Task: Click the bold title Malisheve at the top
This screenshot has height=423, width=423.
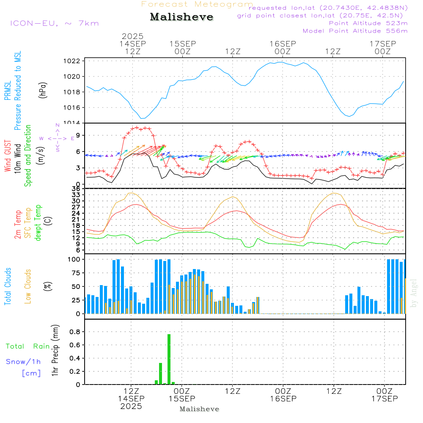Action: coord(181,17)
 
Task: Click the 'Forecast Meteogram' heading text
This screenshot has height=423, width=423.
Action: coord(197,4)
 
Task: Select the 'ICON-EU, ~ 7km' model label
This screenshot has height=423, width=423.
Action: coord(54,23)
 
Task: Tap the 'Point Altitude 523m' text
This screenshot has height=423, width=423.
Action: coord(368,23)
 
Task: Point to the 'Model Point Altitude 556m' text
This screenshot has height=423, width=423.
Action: coord(355,31)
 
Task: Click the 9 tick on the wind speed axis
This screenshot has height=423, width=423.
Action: coord(78,135)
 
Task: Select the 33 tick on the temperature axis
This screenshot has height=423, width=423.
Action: coord(76,195)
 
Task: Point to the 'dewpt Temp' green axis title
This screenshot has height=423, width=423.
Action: coord(38,223)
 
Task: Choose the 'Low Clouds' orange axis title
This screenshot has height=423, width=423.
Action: coord(28,286)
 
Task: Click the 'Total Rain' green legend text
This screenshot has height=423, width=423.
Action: coord(27,346)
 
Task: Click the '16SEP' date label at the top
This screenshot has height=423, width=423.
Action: coord(283,44)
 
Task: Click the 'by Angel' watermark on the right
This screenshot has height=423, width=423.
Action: coord(414,293)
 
